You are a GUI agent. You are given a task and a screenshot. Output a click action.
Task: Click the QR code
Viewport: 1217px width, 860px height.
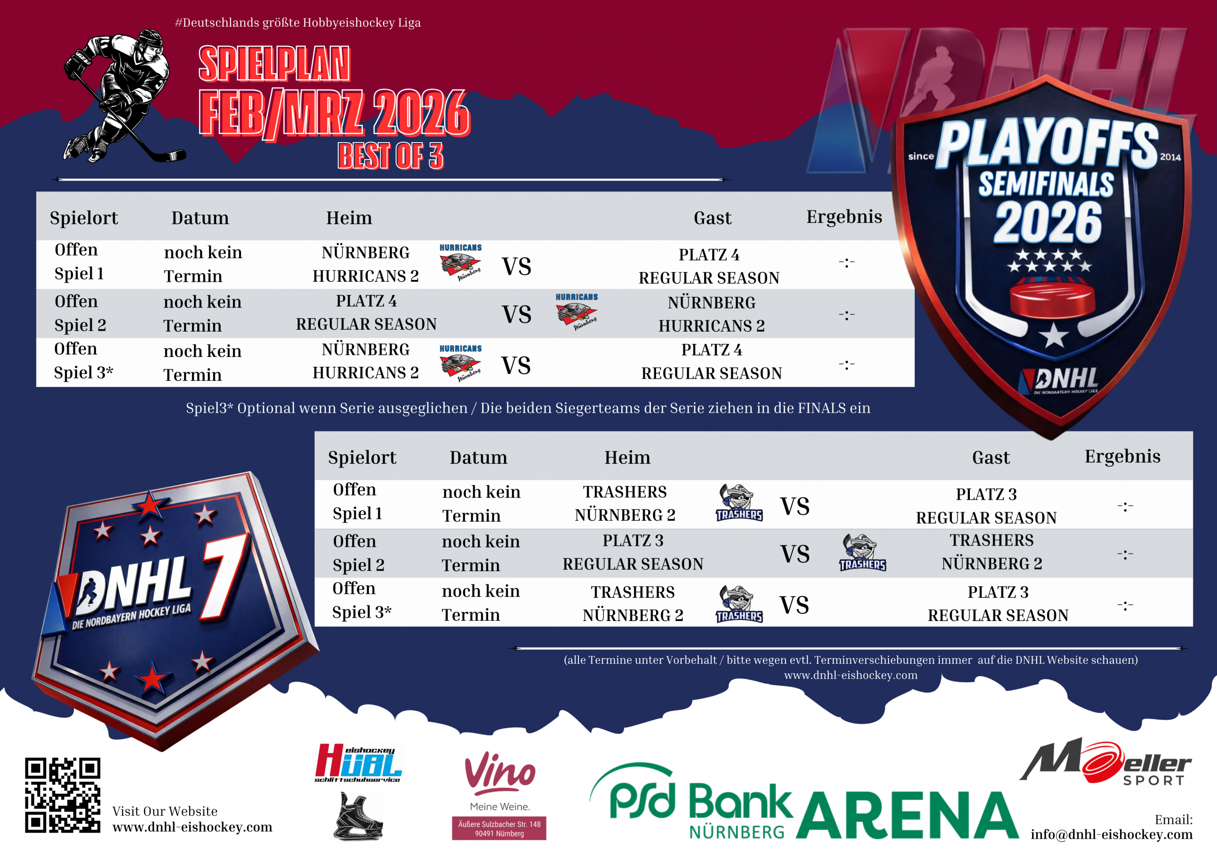pyautogui.click(x=63, y=795)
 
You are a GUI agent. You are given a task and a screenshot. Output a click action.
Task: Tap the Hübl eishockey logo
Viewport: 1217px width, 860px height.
pyautogui.click(x=358, y=763)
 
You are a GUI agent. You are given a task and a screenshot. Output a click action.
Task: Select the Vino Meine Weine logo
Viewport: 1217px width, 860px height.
pyautogui.click(x=499, y=795)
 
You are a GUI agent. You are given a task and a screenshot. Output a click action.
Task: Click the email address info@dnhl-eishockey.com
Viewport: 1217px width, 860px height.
pyautogui.click(x=1111, y=834)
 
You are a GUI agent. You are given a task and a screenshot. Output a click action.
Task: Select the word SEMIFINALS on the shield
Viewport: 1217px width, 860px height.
pyautogui.click(x=1046, y=184)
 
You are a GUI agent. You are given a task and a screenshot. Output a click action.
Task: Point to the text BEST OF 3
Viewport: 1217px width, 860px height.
pyautogui.click(x=391, y=156)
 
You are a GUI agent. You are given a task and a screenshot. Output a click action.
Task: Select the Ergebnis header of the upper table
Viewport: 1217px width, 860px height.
pyautogui.click(x=844, y=217)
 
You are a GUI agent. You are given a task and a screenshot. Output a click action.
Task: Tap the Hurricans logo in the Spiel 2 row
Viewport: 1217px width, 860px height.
pyautogui.click(x=577, y=312)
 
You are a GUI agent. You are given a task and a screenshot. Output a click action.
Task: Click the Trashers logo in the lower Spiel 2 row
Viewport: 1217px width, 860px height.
pyautogui.click(x=862, y=553)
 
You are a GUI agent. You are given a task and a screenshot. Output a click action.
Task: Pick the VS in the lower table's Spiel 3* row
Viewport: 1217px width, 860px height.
pyautogui.click(x=794, y=604)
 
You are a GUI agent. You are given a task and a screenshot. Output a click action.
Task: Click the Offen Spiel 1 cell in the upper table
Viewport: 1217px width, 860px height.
pyautogui.click(x=79, y=262)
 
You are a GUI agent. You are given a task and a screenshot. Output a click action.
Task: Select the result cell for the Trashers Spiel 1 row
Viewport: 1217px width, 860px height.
pyautogui.click(x=1125, y=506)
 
